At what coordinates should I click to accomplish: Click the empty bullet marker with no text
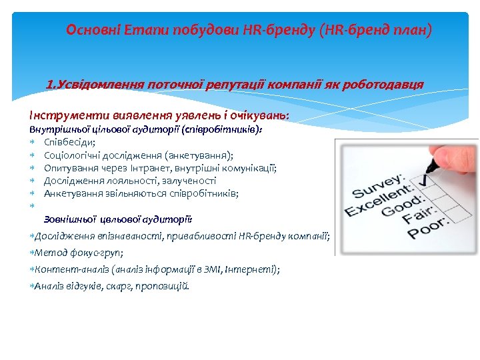[x=32, y=206]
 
